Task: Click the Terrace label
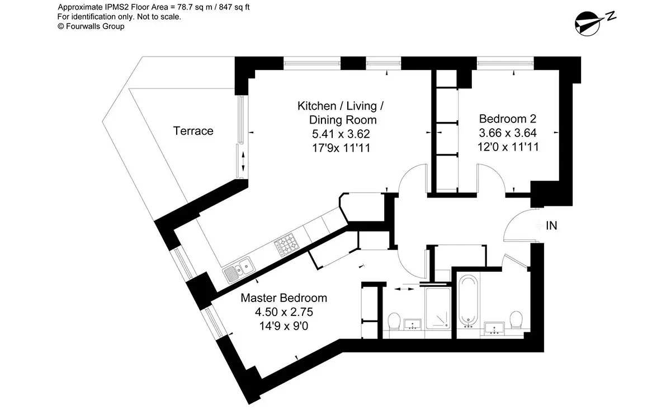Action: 193,131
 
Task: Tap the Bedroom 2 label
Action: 508,119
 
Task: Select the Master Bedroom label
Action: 283,298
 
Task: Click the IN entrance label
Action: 551,225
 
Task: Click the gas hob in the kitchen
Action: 286,244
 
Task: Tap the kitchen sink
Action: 239,270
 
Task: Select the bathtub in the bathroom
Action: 468,301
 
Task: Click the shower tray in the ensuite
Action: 438,308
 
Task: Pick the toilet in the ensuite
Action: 394,322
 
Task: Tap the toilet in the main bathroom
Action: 516,319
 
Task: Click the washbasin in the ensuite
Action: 413,324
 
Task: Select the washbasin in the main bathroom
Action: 494,328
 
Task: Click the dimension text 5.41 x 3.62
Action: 341,134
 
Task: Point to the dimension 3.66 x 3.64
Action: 508,133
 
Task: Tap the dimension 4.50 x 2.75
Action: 283,312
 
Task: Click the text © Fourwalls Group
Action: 91,26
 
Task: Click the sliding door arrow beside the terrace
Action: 243,161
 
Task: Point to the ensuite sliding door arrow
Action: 404,289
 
